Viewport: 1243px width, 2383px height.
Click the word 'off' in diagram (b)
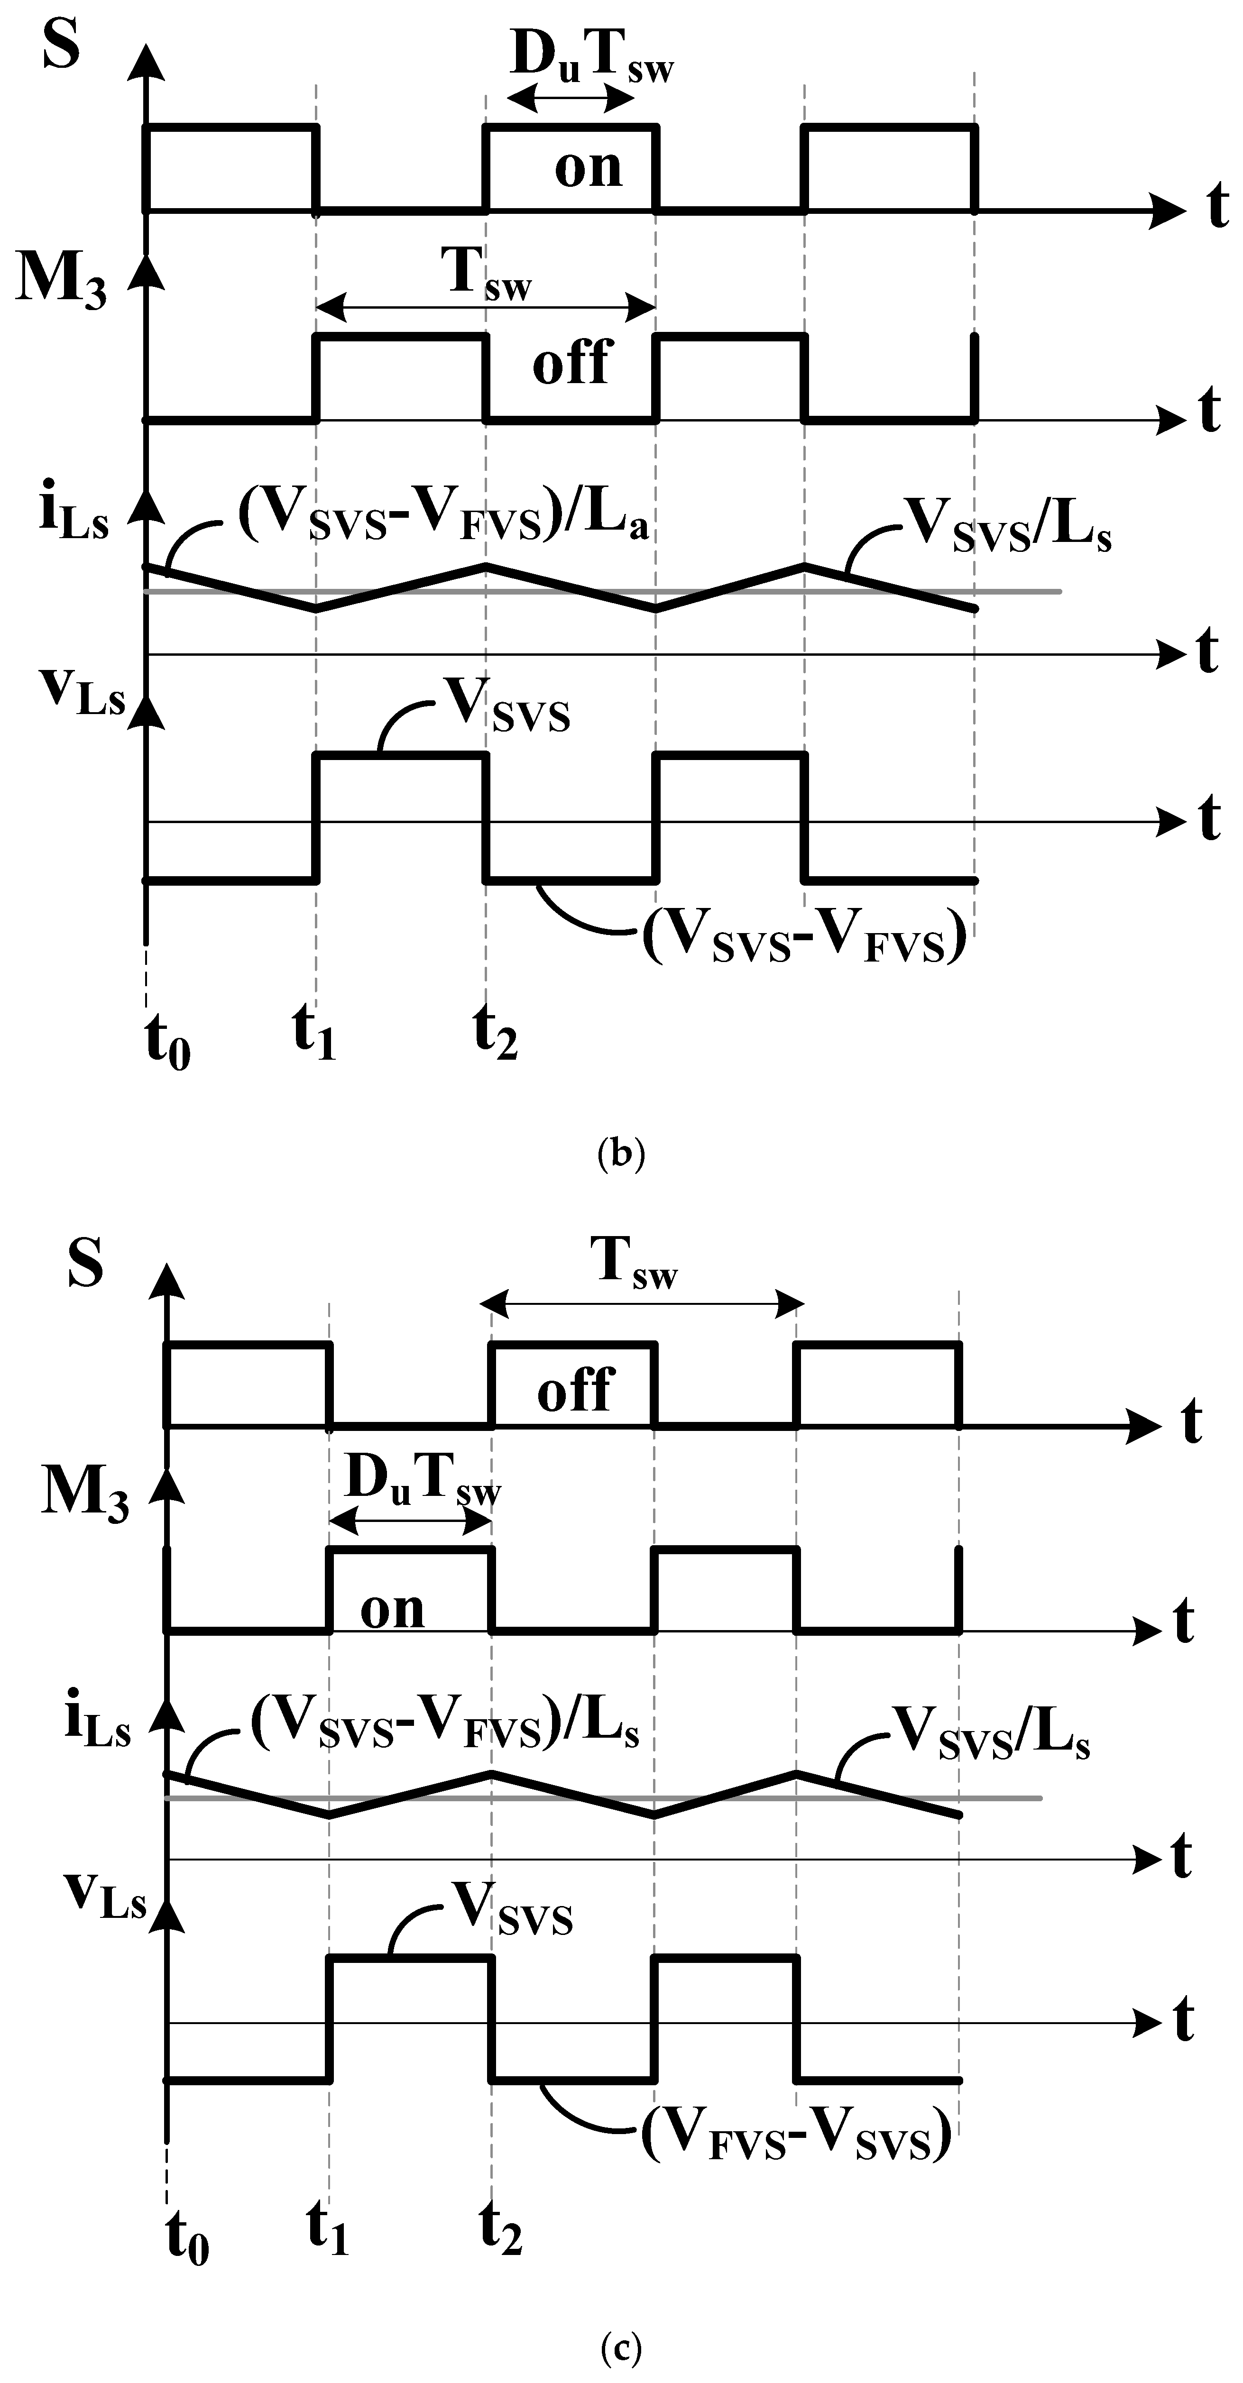coord(572,363)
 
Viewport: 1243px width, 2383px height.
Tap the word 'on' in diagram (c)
coord(392,1612)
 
